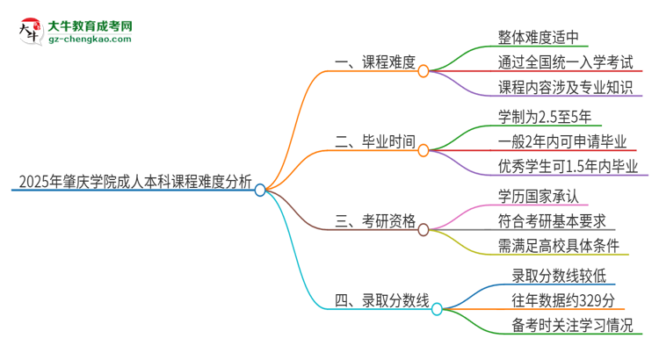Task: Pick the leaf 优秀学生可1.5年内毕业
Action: point(568,166)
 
